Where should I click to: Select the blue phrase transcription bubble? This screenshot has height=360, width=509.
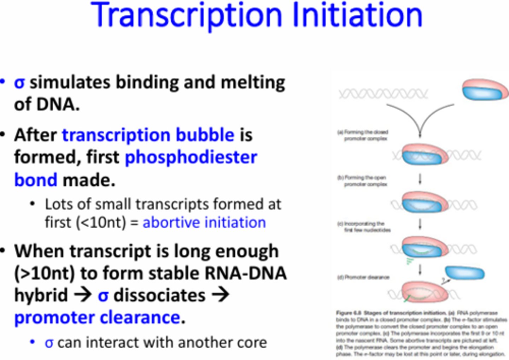(x=148, y=135)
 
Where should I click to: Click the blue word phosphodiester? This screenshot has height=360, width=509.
(x=191, y=157)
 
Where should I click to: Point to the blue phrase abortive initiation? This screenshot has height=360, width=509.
(x=204, y=223)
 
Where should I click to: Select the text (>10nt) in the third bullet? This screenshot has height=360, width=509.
(x=44, y=273)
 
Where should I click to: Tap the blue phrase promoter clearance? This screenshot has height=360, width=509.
(x=97, y=317)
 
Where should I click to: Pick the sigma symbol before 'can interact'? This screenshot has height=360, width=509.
(x=49, y=343)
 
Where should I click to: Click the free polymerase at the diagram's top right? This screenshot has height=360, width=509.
(x=485, y=90)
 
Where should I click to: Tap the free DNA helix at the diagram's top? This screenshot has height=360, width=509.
(x=383, y=94)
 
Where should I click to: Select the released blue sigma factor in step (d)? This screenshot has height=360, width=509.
(x=464, y=273)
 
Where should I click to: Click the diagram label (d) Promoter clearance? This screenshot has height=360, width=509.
(x=363, y=277)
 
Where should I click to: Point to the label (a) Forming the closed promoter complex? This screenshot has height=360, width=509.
(x=363, y=135)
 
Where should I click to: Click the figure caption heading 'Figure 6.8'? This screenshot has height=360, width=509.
(x=349, y=313)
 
